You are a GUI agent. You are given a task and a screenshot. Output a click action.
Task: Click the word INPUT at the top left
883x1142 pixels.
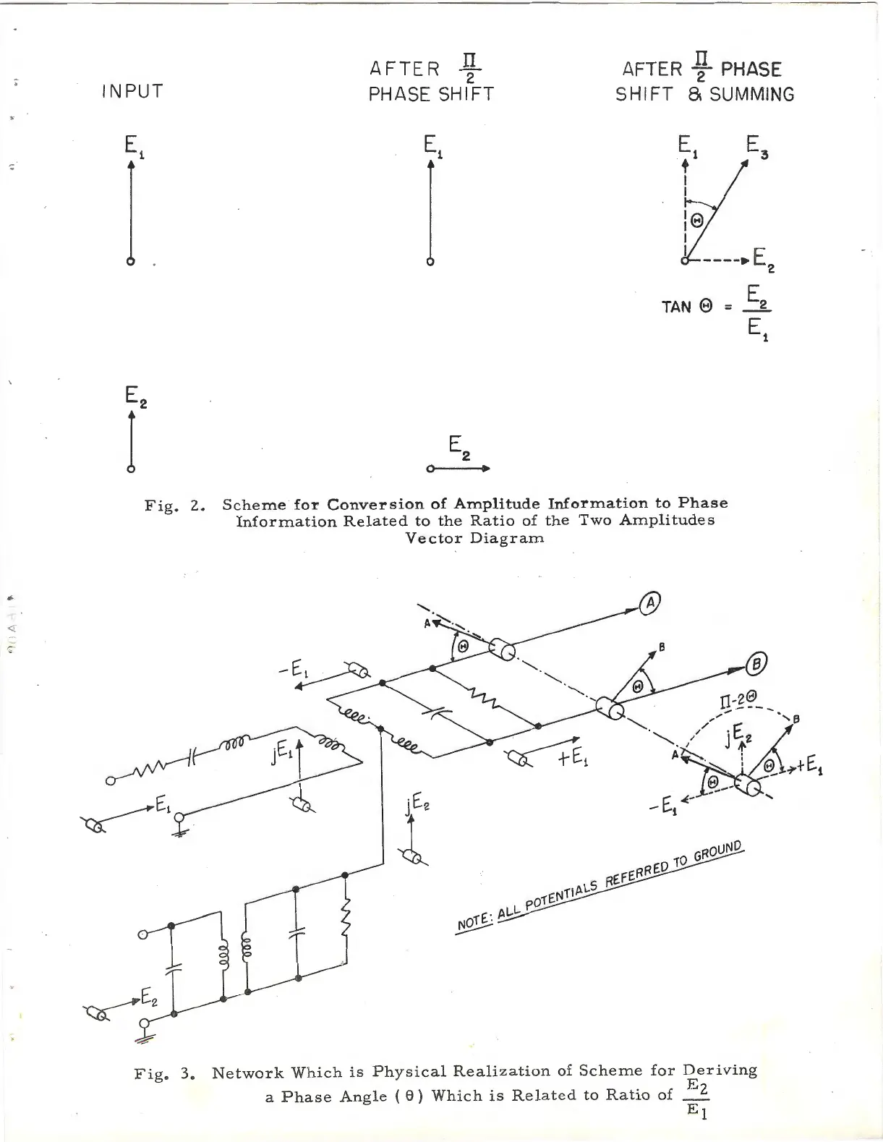coord(132,92)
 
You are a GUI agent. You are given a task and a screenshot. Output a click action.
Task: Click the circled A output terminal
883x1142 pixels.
coord(650,602)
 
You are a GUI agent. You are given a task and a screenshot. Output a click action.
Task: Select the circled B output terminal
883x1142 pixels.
coord(756,662)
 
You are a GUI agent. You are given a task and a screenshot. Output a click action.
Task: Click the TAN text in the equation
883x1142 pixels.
coord(677,307)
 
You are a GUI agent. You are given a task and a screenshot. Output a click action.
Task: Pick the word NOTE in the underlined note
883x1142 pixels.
coord(473,922)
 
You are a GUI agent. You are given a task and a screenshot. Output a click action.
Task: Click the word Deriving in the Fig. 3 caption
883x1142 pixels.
coord(720,1070)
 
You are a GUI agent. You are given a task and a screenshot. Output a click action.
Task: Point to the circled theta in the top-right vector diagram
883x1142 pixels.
coord(697,222)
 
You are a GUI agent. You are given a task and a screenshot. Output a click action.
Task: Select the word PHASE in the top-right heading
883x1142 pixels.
coord(751,70)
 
